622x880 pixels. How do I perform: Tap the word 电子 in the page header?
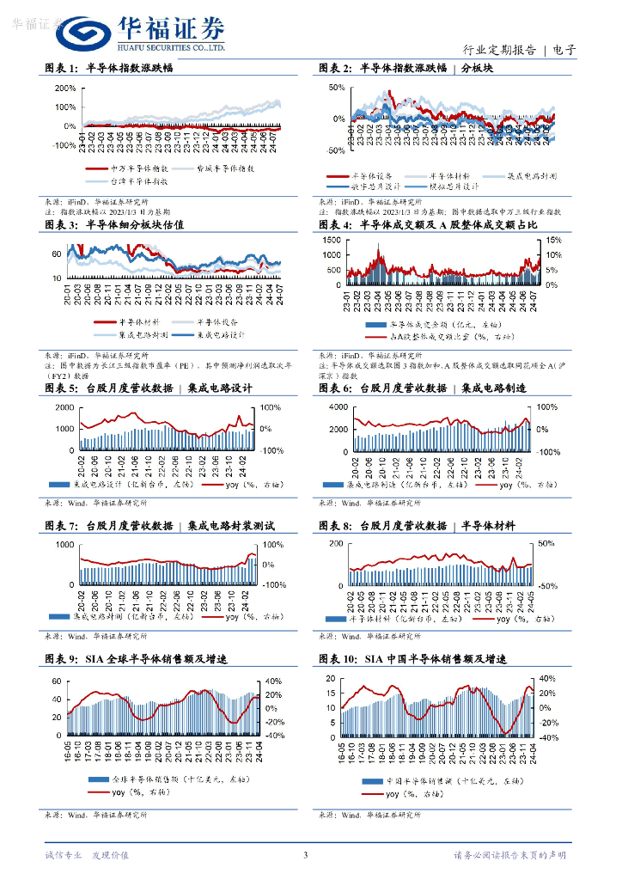click(x=564, y=50)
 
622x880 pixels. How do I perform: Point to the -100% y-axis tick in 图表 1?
click(x=64, y=145)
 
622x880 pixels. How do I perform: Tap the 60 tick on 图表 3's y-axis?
click(x=57, y=254)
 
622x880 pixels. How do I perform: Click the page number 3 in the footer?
click(x=305, y=855)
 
